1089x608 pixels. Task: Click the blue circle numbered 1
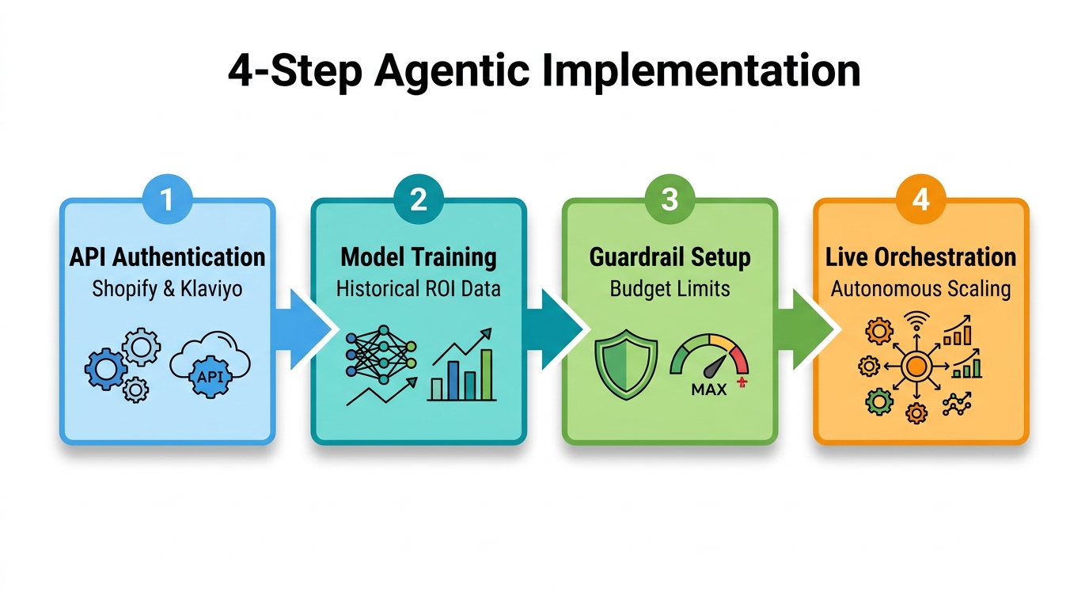[x=167, y=199]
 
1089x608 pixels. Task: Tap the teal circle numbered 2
[x=418, y=199]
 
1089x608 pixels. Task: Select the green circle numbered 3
[x=670, y=199]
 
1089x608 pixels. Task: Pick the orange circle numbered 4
[x=920, y=199]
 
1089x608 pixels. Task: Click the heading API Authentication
[x=167, y=257]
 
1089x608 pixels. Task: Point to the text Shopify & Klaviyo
[x=167, y=288]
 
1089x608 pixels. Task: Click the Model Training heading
[x=418, y=257]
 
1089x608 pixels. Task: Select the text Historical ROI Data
[x=418, y=288]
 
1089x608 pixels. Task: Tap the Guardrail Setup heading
[x=670, y=257]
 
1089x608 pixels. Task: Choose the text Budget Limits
[x=670, y=288]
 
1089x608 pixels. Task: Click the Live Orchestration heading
[x=920, y=257]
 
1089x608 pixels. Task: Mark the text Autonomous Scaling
[x=920, y=288]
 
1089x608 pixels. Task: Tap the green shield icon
[x=625, y=363]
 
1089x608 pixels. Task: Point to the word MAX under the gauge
[x=709, y=389]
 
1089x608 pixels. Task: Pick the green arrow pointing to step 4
[x=807, y=329]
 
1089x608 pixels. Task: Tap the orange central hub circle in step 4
[x=916, y=366]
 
